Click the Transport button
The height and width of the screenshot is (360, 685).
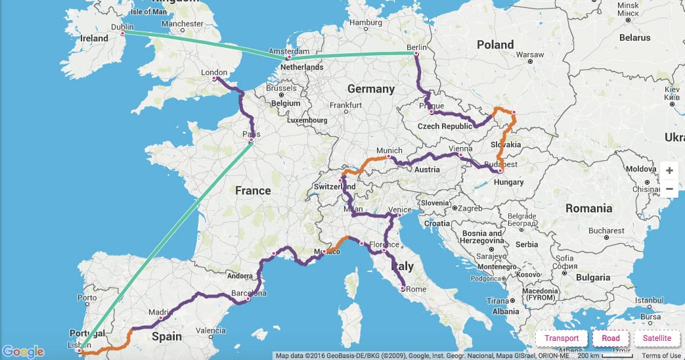562,338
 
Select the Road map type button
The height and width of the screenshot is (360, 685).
610,338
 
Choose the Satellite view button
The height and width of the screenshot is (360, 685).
657,338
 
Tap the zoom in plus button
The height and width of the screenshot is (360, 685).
669,171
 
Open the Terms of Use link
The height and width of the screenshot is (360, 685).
661,355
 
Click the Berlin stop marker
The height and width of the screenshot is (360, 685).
415,54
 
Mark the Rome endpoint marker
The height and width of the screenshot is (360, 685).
403,288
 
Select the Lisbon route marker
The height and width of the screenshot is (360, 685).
81,351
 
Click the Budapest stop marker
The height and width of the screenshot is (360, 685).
500,171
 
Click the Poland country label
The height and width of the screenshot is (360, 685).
495,45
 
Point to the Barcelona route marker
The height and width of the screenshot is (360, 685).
248,300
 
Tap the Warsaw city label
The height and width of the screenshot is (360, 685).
531,54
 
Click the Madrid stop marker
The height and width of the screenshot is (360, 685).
160,318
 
